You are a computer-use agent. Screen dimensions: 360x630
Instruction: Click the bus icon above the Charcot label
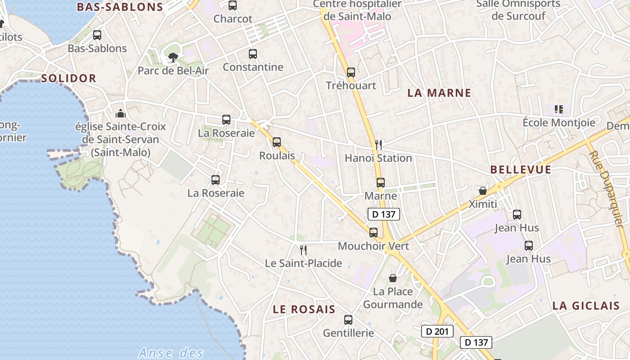pos(232,5)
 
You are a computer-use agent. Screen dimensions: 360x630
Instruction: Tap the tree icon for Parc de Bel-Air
pos(173,57)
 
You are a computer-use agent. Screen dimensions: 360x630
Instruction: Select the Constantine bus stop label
pos(253,67)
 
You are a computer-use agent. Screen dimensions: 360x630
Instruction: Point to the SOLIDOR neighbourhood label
pos(69,78)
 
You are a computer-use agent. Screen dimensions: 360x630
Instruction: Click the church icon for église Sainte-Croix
pos(121,113)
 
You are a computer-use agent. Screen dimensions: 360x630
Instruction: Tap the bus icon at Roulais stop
pos(277,142)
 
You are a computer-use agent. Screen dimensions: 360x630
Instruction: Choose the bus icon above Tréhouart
pos(351,72)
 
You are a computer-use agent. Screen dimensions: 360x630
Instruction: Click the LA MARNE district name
pos(439,93)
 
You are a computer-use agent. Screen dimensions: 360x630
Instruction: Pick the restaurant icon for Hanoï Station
pos(378,144)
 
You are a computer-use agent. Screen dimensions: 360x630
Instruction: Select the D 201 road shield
pos(437,332)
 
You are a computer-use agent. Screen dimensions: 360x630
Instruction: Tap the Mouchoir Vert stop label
pos(373,246)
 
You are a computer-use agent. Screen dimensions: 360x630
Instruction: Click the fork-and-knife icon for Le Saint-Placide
pos(303,250)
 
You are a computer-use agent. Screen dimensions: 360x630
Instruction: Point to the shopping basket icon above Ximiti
pos(483,191)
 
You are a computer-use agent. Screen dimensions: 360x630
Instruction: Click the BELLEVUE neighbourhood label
pos(521,170)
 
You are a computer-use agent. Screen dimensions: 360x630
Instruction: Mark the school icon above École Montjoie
pos(559,109)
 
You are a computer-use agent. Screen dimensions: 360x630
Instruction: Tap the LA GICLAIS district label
pos(586,306)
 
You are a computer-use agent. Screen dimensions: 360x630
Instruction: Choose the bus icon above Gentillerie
pos(348,320)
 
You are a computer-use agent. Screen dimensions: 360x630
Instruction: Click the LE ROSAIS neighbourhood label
pos(304,310)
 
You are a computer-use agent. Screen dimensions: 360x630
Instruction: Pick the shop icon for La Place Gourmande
pos(393,278)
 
